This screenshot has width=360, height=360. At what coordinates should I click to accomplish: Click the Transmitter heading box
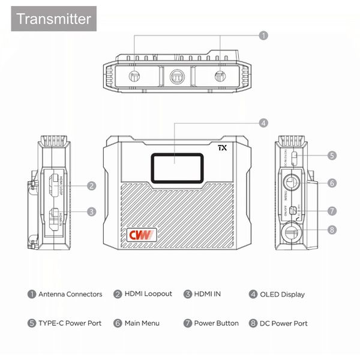[x=54, y=18]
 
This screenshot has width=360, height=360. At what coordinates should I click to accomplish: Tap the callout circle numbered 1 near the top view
[x=263, y=36]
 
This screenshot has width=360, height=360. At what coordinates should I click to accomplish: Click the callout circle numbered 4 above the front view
[x=263, y=122]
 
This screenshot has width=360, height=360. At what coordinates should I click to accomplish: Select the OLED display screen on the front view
[x=174, y=167]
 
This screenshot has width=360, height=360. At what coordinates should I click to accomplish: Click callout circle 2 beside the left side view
[x=91, y=186]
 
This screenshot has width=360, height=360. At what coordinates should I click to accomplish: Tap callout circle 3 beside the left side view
[x=91, y=211]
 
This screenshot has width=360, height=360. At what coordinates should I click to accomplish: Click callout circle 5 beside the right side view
[x=332, y=155]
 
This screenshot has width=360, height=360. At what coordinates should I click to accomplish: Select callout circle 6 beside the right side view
[x=332, y=182]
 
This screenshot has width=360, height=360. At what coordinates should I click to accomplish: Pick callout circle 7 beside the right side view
[x=332, y=211]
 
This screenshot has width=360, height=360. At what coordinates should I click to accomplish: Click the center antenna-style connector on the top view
[x=176, y=76]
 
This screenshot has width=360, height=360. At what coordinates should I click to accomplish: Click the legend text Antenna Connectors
[x=70, y=295]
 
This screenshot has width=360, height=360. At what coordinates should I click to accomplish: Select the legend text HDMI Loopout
[x=148, y=294]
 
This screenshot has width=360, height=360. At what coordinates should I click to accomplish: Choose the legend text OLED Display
[x=282, y=295]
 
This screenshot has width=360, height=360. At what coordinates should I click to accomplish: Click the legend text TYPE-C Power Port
[x=70, y=323]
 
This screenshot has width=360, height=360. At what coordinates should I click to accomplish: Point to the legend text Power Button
[x=216, y=323]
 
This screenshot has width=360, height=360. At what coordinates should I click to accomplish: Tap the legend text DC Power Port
[x=283, y=323]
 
